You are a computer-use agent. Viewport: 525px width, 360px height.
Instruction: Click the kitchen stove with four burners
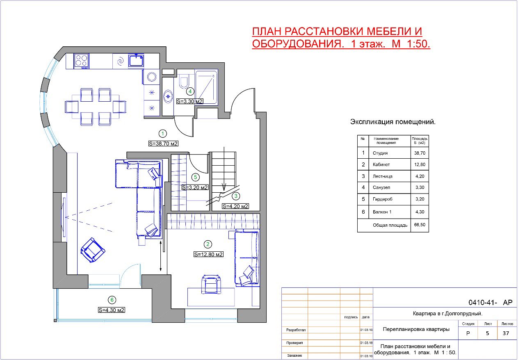81,61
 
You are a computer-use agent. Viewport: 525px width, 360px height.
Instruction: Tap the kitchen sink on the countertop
136,60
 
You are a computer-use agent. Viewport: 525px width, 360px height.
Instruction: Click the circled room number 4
190,91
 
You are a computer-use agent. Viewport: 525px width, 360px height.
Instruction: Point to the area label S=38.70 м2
163,144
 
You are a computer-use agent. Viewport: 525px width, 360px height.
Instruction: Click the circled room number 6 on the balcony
112,300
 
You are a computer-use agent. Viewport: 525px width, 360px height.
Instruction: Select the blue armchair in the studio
93,250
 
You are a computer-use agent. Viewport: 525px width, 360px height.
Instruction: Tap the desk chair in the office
211,284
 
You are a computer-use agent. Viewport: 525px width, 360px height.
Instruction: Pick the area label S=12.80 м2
208,254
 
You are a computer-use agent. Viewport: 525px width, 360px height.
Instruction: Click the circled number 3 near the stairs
236,196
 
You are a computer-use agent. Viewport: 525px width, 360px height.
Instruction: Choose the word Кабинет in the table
381,164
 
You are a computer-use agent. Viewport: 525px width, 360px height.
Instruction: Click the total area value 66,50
420,225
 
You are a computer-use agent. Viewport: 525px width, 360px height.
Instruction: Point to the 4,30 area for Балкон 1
420,212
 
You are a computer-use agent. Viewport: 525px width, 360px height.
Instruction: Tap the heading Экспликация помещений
393,122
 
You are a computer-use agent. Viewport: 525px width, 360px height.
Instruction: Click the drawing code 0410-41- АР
490,303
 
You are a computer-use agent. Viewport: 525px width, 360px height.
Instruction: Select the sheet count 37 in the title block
506,333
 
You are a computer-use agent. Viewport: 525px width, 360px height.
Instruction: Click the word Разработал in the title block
296,330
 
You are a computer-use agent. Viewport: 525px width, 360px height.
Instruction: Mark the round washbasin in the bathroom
168,96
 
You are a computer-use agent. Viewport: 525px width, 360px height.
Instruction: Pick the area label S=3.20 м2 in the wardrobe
195,187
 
